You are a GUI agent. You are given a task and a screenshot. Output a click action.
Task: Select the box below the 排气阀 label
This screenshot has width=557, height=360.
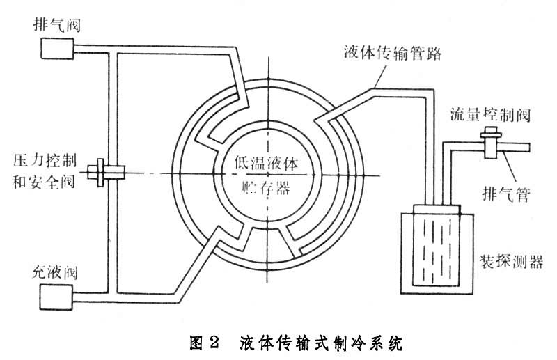pos(58,48)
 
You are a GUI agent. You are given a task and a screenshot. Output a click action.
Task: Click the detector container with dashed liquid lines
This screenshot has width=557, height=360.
pos(436,251)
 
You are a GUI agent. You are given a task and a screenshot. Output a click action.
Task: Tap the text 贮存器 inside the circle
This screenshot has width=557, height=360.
pos(267,188)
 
